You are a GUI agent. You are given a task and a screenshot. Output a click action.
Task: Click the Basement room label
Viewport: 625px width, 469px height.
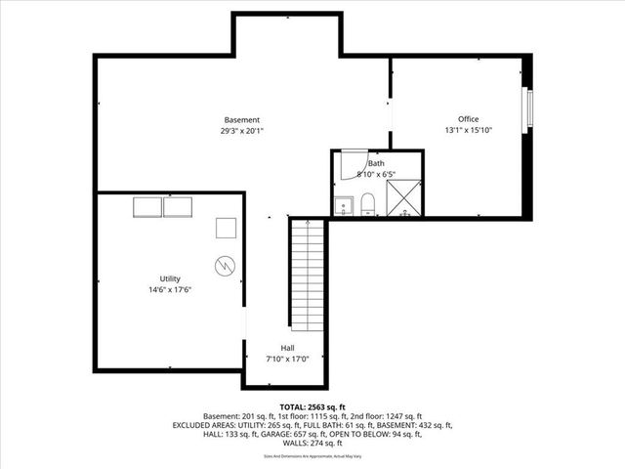(x=241, y=119)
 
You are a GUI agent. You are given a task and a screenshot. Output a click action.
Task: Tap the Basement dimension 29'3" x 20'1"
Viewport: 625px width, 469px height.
(x=241, y=130)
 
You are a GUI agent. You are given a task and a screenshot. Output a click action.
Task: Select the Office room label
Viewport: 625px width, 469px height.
(x=469, y=119)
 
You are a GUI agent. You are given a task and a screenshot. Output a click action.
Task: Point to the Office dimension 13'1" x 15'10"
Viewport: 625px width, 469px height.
(x=469, y=130)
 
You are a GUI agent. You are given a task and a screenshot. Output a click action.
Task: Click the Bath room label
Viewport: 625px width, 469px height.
(x=375, y=163)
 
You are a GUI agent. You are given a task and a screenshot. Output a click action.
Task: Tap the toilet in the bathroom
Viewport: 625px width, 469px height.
(x=368, y=203)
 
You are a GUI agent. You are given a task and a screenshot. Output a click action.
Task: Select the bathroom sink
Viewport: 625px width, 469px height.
(x=342, y=206)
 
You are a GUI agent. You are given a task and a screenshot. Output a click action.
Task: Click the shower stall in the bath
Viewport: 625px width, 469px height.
(x=403, y=198)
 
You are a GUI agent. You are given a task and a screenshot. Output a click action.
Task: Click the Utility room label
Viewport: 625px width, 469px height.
(x=170, y=278)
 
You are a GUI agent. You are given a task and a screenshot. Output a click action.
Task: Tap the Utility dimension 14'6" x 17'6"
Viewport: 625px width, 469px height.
(x=170, y=290)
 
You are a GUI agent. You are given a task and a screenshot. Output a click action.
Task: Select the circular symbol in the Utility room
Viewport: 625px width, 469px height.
(x=225, y=264)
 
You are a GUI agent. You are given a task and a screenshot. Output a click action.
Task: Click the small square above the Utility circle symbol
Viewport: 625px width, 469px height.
(x=226, y=228)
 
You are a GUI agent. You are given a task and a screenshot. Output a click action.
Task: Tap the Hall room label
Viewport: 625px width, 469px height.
(x=288, y=348)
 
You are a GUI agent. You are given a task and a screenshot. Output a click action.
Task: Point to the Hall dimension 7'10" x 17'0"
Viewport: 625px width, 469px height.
(x=288, y=359)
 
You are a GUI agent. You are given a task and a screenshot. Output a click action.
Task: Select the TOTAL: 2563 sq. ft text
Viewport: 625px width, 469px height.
(x=312, y=406)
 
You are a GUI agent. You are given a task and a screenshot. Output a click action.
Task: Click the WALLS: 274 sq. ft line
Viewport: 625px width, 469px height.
(x=312, y=443)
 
